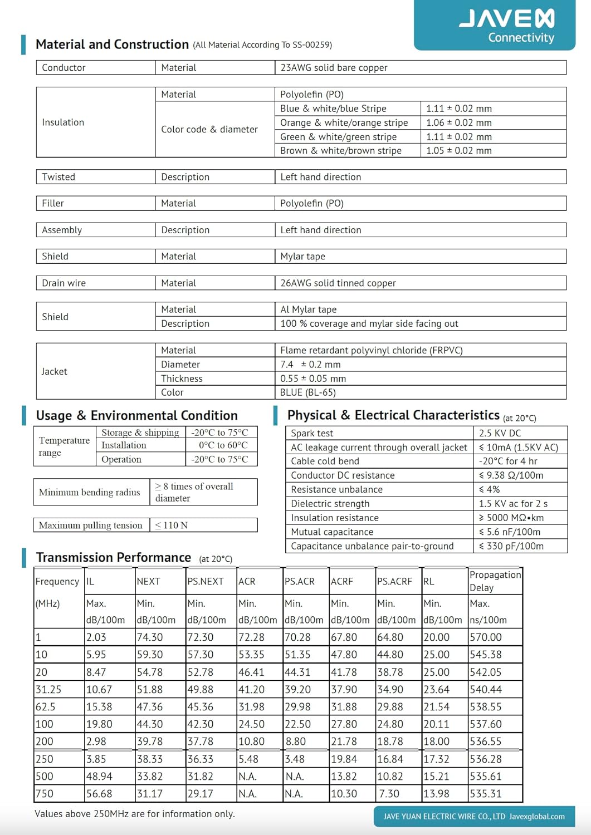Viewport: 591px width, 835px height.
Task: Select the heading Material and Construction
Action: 112,45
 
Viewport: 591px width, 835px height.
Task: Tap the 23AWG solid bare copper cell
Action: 334,68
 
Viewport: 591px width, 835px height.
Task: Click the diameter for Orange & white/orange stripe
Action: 458,123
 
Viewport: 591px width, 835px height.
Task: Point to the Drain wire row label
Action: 64,283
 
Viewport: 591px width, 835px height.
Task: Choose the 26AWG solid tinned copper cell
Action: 338,283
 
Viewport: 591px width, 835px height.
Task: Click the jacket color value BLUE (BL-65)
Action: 307,392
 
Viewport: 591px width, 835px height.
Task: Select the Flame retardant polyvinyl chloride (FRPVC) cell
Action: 371,351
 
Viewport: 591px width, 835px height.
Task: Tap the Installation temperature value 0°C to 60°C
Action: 223,445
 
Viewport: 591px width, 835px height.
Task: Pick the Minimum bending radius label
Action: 89,493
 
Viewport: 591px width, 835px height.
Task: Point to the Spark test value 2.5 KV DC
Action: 500,433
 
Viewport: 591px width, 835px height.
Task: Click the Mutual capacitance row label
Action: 332,532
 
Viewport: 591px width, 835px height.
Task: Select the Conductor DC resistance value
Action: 511,475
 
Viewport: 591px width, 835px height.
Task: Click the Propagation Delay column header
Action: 495,581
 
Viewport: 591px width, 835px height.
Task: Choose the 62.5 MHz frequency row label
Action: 45,707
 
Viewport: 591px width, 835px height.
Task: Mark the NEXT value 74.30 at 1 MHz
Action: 150,637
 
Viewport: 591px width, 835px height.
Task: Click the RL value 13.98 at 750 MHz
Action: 436,794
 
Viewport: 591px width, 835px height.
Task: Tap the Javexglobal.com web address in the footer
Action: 536,817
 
